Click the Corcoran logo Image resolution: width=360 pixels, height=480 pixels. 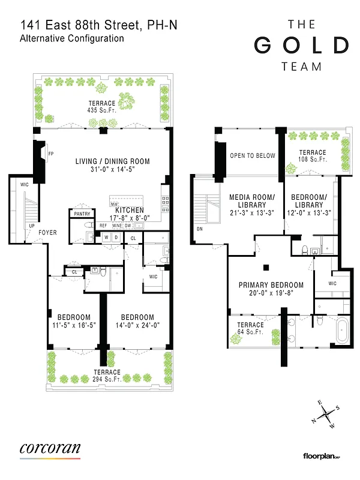click(50, 449)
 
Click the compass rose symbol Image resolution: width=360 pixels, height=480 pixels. click(326, 413)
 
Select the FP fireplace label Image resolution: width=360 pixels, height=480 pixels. click(51, 154)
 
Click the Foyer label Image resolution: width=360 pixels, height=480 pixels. click(47, 232)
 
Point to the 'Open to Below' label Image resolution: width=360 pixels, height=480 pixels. click(253, 156)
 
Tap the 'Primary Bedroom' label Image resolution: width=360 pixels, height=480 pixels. click(271, 285)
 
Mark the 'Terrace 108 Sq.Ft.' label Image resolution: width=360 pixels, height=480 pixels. click(313, 156)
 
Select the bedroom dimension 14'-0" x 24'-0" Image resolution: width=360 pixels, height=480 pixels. click(137, 326)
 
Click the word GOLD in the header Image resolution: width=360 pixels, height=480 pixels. click(301, 46)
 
